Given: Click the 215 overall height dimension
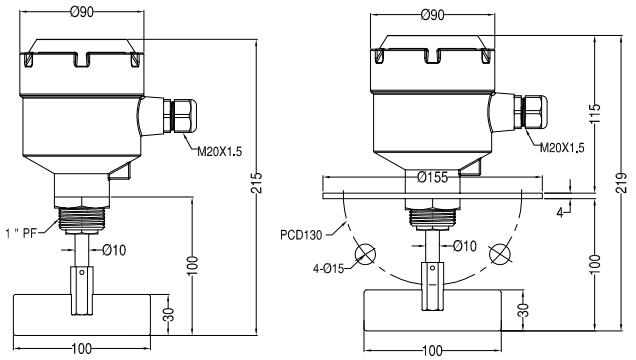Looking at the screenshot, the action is pos(257,182).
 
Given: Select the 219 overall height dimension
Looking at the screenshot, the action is pos(621,183).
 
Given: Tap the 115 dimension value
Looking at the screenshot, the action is pos(594,114).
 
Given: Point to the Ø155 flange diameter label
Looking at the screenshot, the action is pos(432,177).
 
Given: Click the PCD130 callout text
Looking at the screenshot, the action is pos(301,235).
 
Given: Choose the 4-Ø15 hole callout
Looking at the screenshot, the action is pos(329,268).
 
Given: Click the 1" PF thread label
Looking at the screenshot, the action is pos(21,233).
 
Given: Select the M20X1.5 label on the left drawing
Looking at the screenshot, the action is pos(219,152).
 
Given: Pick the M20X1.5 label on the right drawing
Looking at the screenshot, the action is pos(562,148).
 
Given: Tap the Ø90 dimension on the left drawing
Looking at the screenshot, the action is pos(82,12).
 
